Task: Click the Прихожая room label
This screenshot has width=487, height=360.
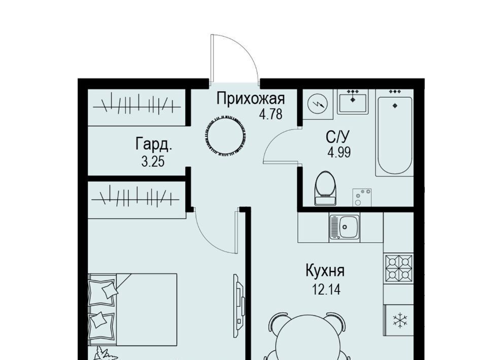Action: tap(251, 99)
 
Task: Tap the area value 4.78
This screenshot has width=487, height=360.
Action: tap(271, 114)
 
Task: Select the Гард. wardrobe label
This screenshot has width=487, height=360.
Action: tap(154, 145)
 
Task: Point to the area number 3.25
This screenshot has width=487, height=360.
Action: tap(153, 162)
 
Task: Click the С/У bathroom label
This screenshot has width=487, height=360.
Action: tap(338, 136)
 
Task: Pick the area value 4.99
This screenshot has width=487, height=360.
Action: tap(339, 153)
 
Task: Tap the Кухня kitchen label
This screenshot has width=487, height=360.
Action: tap(325, 271)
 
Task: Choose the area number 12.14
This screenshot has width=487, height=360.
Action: tap(326, 290)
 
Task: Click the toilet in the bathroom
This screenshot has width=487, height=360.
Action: tap(325, 188)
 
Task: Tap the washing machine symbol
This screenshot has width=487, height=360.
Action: tap(318, 104)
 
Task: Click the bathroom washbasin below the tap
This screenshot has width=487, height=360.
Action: tap(353, 103)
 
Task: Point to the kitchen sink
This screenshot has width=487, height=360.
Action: tap(344, 227)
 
